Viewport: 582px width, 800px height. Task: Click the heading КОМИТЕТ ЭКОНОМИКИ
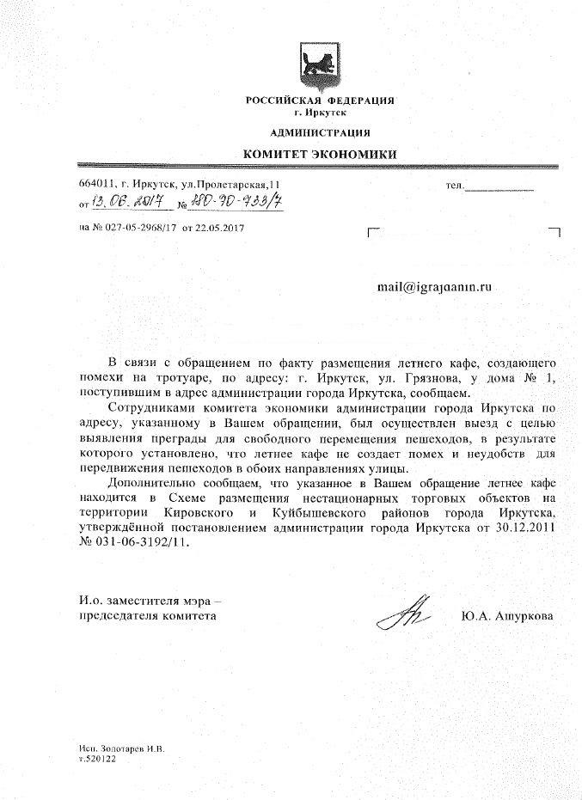[x=319, y=153]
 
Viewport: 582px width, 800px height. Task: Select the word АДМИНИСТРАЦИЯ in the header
[x=320, y=132]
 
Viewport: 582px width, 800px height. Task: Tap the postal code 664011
[x=95, y=185]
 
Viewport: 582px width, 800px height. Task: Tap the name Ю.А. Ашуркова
[x=507, y=615]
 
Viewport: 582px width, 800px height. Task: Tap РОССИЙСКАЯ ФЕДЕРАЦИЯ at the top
[x=320, y=101]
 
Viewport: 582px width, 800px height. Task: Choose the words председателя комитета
[x=143, y=615]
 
